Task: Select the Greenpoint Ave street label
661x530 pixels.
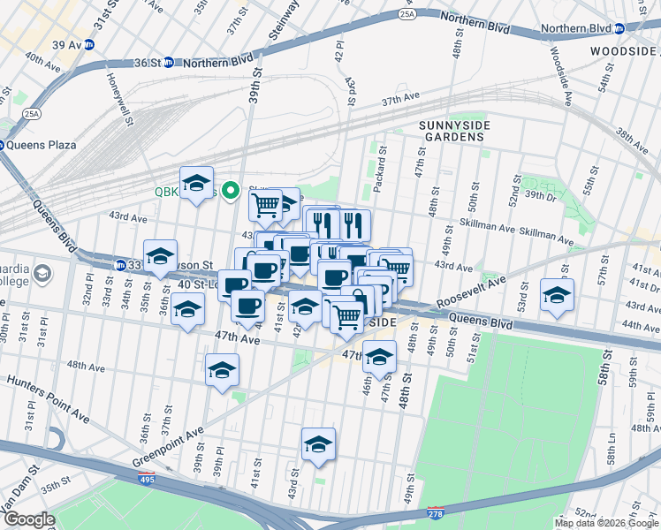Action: [168, 448]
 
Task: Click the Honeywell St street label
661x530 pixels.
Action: [118, 96]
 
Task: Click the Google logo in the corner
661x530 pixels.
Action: [28, 519]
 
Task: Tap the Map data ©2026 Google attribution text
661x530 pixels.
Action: [606, 523]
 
